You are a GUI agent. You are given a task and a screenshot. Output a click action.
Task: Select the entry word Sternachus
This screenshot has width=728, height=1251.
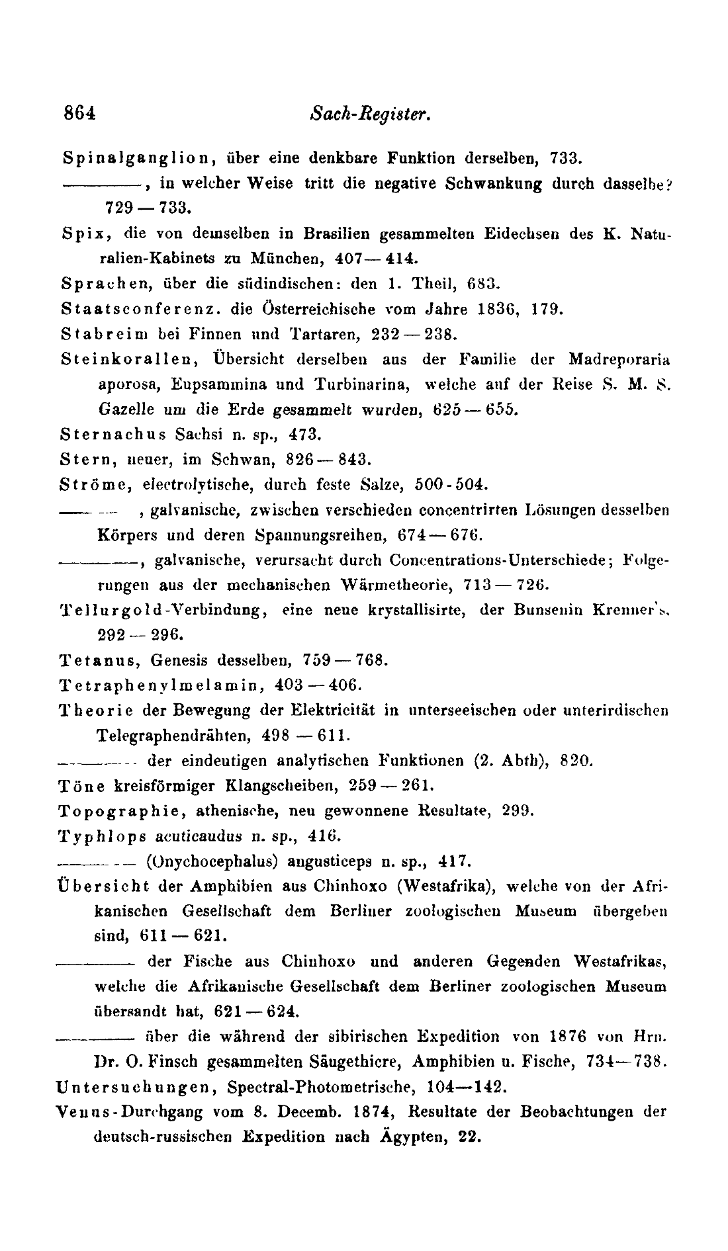click(x=113, y=435)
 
